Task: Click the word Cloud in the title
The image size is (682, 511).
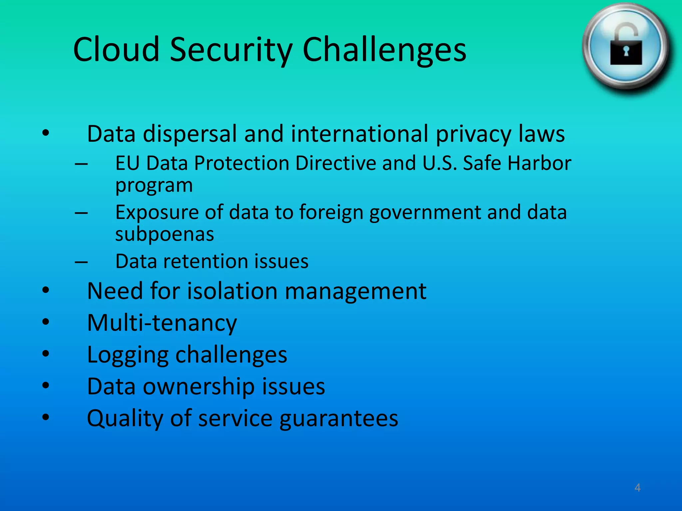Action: click(x=116, y=50)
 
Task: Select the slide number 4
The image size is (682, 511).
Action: click(x=637, y=488)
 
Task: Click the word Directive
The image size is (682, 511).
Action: click(x=336, y=163)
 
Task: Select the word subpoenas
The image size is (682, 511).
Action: click(x=165, y=235)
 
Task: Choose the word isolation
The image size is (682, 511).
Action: click(x=232, y=291)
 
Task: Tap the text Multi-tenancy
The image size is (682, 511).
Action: click(x=162, y=323)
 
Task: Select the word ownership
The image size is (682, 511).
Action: click(x=199, y=387)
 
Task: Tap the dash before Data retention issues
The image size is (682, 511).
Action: click(x=81, y=262)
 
